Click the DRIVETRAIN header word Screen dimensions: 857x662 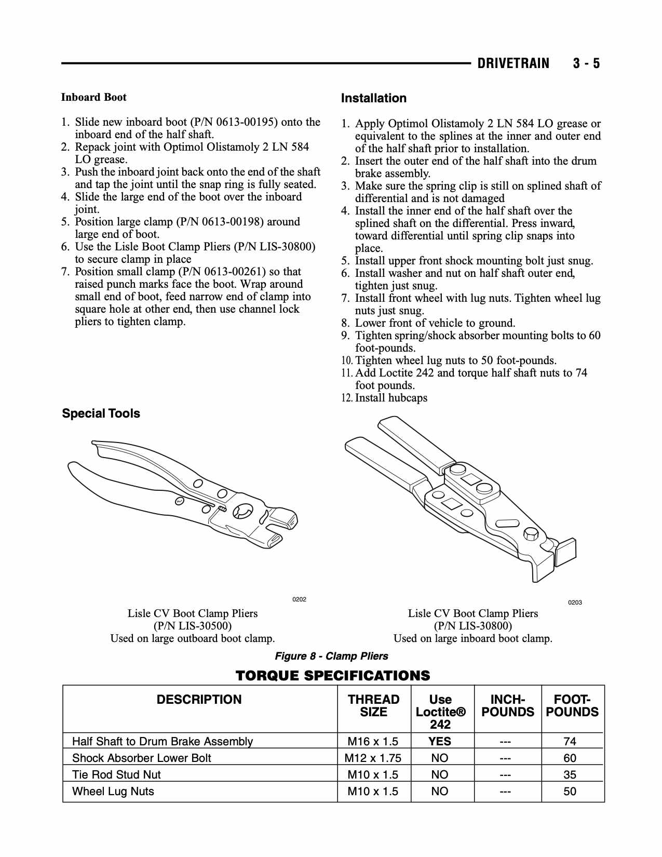point(513,63)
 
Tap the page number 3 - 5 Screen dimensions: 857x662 point(586,63)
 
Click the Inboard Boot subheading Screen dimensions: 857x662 point(93,97)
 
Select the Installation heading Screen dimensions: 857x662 point(373,98)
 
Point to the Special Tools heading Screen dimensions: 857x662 point(101,413)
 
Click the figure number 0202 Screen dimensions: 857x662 point(299,599)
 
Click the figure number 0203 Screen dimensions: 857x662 point(575,602)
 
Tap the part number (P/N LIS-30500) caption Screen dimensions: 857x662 point(193,626)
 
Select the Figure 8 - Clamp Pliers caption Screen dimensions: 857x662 point(331,656)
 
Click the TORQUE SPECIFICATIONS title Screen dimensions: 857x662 point(333,675)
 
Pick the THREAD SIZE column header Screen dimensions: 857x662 point(373,706)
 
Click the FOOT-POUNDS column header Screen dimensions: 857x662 point(572,706)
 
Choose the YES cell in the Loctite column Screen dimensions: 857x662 point(440,741)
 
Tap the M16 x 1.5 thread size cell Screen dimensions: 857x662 point(373,741)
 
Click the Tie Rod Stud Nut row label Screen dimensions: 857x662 point(116,774)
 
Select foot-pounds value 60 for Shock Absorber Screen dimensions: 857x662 point(570,758)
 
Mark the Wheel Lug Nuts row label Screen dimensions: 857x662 point(113,791)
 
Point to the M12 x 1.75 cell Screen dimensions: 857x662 point(373,758)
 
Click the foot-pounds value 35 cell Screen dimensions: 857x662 point(570,774)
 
